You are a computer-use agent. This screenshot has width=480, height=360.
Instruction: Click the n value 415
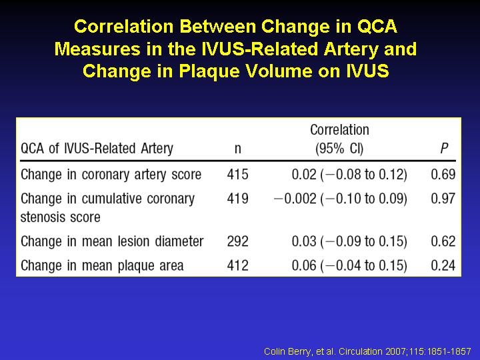(237, 175)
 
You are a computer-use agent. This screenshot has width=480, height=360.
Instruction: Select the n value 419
(237, 199)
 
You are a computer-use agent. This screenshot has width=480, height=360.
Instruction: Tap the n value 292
(237, 241)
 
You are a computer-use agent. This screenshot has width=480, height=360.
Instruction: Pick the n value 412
(237, 265)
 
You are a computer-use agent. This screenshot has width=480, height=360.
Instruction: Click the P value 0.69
(443, 175)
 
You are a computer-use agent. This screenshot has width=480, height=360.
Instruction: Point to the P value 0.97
(443, 199)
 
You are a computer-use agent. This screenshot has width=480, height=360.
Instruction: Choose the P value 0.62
(443, 241)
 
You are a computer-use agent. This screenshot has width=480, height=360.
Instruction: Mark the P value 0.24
(443, 265)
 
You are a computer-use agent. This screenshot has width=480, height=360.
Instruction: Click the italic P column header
(444, 149)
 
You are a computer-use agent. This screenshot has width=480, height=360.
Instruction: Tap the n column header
(238, 149)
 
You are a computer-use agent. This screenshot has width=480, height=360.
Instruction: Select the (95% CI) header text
(339, 149)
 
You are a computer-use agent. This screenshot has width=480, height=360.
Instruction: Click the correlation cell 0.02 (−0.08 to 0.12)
(349, 175)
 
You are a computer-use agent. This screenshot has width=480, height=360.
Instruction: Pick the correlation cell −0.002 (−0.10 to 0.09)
(341, 199)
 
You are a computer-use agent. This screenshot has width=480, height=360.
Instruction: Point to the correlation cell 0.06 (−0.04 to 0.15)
(349, 265)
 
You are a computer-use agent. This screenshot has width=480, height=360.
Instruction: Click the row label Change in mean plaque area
(102, 266)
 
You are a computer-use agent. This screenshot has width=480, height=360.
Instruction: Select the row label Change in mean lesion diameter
(112, 241)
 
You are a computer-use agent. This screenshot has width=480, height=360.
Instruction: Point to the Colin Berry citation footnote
(367, 351)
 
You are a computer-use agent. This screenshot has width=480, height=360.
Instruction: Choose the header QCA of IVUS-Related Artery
(97, 149)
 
